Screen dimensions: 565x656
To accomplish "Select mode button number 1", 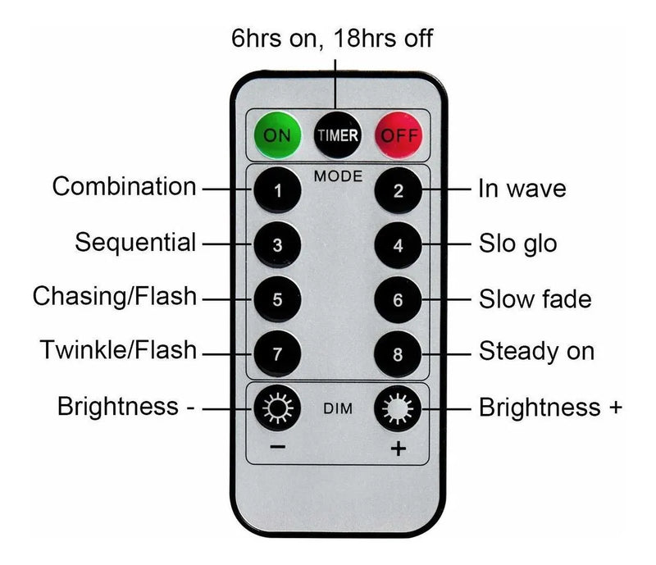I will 277,193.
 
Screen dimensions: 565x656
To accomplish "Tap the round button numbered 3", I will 277,245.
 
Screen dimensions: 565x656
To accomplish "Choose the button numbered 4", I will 398,245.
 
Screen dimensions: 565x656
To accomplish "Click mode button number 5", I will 277,299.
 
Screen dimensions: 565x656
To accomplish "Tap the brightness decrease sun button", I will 277,408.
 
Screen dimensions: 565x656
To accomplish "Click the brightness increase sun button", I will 398,408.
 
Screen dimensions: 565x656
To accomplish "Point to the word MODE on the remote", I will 337,175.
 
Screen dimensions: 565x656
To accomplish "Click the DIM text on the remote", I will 337,408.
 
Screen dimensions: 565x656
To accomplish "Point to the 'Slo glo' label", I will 518,244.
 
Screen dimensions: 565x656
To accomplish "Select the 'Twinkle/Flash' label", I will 119,351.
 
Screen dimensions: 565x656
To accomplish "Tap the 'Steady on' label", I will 536,352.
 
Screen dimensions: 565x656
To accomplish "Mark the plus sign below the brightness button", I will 399,449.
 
